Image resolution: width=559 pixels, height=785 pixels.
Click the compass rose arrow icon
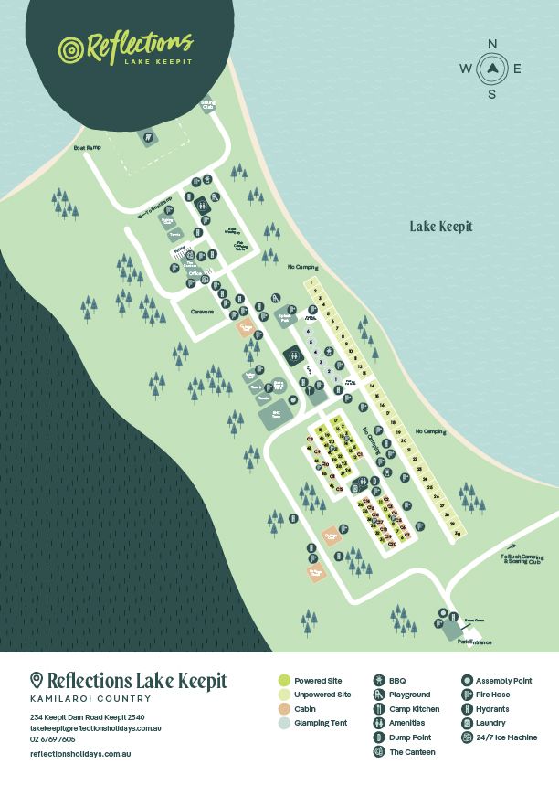pyautogui.click(x=492, y=68)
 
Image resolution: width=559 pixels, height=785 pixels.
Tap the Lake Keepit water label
pyautogui.click(x=441, y=227)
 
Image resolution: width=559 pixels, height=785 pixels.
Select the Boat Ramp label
pyautogui.click(x=88, y=147)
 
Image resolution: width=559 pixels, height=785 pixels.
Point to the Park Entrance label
pyautogui.click(x=474, y=642)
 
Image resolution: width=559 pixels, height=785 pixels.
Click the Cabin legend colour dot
pyautogui.click(x=284, y=708)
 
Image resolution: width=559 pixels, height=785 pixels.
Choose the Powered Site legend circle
pyautogui.click(x=284, y=681)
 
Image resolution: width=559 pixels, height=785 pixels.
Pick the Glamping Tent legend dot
pyautogui.click(x=284, y=723)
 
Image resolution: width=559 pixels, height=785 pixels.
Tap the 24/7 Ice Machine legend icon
pyautogui.click(x=467, y=737)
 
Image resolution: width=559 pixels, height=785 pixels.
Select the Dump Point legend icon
pyautogui.click(x=379, y=737)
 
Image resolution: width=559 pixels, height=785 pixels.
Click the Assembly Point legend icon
pyautogui.click(x=467, y=681)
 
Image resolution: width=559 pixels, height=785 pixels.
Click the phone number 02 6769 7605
pyautogui.click(x=52, y=738)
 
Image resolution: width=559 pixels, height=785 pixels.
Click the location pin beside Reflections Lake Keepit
pyautogui.click(x=37, y=680)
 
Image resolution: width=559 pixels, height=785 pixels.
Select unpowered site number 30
pyautogui.click(x=456, y=534)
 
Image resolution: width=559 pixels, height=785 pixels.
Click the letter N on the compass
pyautogui.click(x=492, y=44)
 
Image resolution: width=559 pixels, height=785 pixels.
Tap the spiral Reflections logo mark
pyautogui.click(x=70, y=48)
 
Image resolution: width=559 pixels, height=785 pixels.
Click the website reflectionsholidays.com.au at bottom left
pyautogui.click(x=80, y=754)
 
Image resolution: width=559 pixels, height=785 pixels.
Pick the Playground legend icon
pyautogui.click(x=379, y=695)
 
